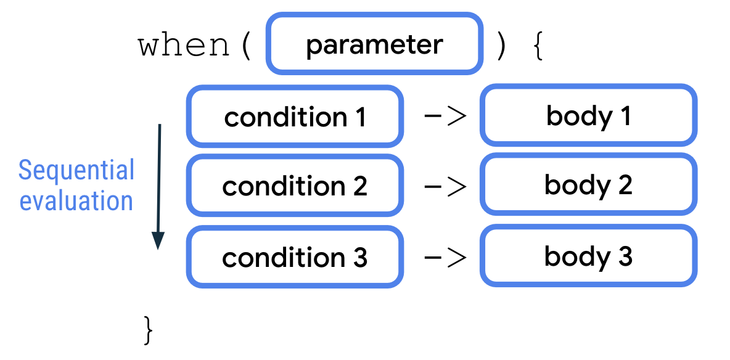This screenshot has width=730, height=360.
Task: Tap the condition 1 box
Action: pos(295,117)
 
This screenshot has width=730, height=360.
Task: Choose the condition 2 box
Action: pos(295,186)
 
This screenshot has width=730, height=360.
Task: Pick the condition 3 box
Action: pos(295,257)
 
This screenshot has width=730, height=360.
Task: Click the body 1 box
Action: pos(588,117)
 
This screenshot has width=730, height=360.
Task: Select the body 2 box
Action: pos(588,186)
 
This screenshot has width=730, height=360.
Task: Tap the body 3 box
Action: pos(588,256)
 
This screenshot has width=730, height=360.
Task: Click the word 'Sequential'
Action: pos(76,170)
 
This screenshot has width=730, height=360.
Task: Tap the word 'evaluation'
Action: pos(76,201)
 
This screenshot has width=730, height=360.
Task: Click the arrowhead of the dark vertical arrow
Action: pos(158,240)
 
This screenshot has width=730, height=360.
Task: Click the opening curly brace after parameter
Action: pos(538,46)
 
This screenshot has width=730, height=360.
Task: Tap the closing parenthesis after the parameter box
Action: pos(500,46)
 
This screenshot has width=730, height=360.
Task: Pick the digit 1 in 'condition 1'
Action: pos(359,117)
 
